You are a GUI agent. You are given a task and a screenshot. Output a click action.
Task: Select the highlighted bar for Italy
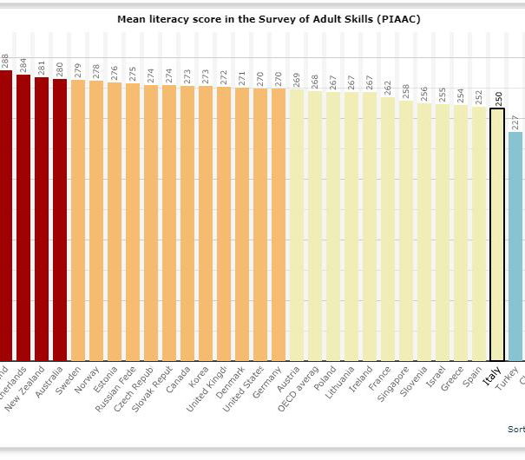coord(497,234)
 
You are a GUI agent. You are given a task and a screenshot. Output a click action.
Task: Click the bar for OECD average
coord(315,225)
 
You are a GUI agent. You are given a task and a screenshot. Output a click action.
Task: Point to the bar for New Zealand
coord(42,218)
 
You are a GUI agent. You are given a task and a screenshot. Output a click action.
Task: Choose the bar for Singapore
coord(406,230)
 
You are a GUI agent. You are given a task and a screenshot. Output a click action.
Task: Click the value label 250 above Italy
coord(498,95)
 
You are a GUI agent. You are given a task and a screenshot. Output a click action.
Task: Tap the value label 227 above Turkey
coord(516,121)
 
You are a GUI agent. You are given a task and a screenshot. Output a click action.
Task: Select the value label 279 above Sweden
coord(79,69)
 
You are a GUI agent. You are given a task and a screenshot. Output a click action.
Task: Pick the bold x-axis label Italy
coord(492,378)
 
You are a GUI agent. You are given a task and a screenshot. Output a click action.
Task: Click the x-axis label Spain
coord(473,378)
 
